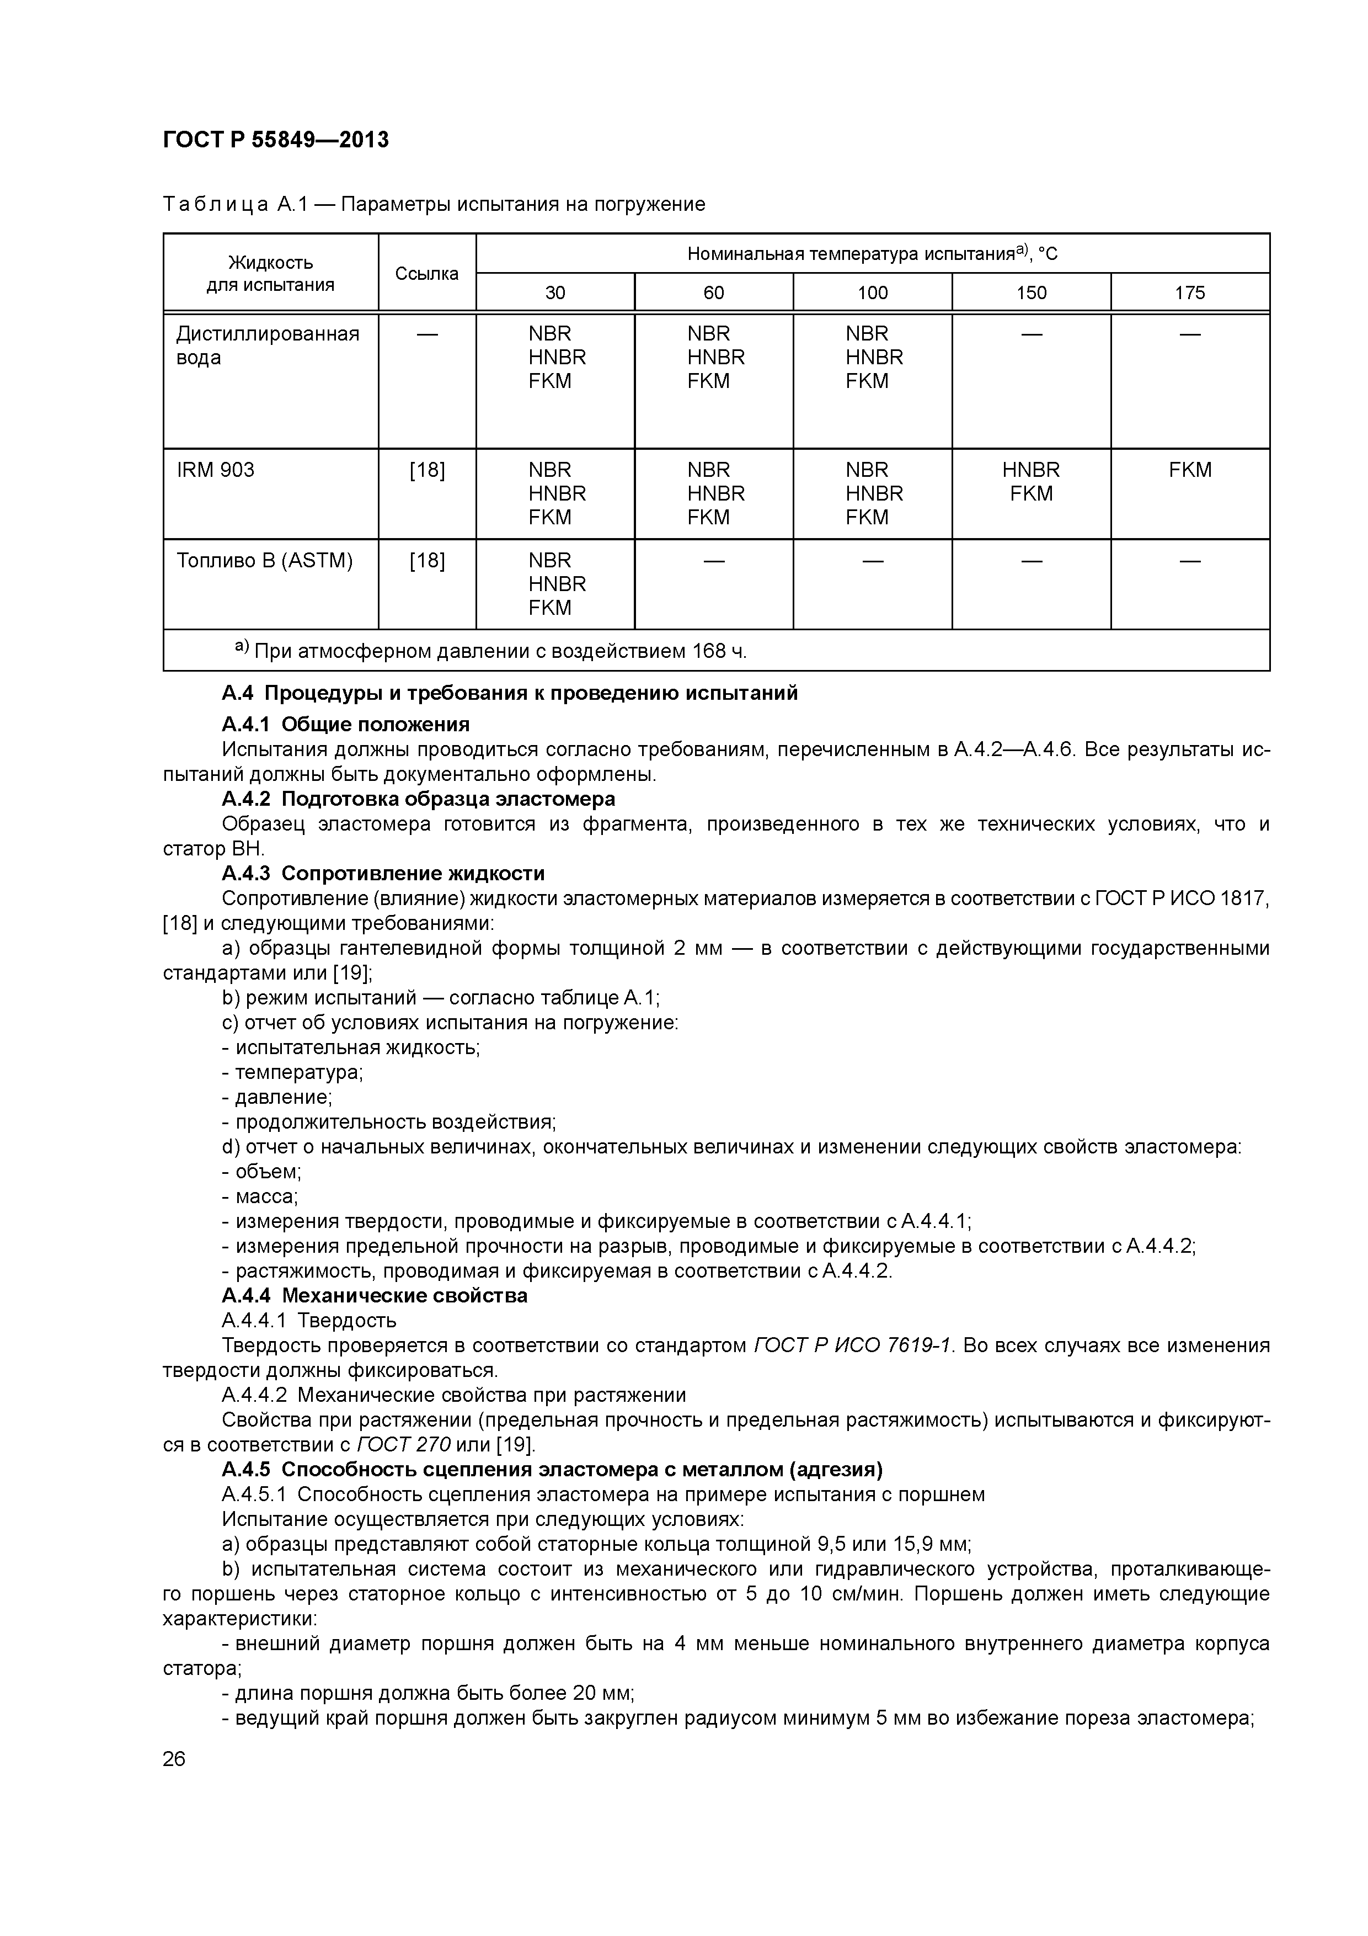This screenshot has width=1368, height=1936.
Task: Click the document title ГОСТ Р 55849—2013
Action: pos(276,139)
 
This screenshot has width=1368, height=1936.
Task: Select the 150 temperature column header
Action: pos(1031,292)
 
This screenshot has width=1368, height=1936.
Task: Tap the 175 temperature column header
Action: pos(1189,292)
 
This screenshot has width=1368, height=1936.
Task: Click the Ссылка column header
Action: pos(426,273)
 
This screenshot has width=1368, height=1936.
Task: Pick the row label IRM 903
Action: pos(216,470)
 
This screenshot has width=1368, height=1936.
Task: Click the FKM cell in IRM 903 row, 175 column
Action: pos(1189,470)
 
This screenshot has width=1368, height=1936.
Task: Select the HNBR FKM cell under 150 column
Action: pos(1031,481)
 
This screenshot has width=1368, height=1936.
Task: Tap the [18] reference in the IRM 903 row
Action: pos(426,470)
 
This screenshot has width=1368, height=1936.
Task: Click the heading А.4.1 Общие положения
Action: pos(345,724)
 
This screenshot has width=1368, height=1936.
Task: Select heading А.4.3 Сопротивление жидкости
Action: pos(383,873)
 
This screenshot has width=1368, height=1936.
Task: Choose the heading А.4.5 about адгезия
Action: pos(552,1470)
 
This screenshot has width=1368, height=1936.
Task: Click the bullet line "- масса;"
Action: pos(260,1196)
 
